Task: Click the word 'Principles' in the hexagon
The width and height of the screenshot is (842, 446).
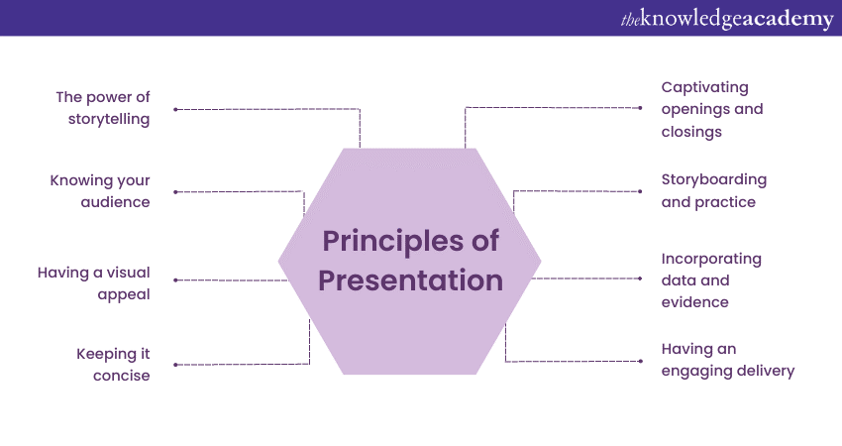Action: tap(393, 241)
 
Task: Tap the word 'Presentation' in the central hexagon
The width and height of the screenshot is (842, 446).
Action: tap(411, 280)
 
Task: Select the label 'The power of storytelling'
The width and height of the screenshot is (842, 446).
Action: tap(103, 108)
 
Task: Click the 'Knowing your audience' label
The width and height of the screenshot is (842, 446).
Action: tap(100, 191)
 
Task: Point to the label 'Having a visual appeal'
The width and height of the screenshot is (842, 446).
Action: tap(93, 283)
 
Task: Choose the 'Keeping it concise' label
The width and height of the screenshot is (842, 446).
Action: tap(113, 365)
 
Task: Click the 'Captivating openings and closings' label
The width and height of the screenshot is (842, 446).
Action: tap(712, 109)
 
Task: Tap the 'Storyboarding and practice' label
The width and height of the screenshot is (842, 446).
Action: tap(713, 190)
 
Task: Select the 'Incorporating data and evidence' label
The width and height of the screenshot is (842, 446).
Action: tap(711, 279)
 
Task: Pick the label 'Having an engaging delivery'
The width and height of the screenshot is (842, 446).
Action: tap(728, 360)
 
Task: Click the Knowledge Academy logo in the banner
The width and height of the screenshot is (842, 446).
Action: tap(727, 19)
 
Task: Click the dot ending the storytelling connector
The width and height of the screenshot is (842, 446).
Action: tap(175, 110)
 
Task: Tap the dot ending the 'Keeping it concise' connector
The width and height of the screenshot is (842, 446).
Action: tap(175, 365)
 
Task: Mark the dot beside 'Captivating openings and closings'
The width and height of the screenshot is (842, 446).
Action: tap(640, 108)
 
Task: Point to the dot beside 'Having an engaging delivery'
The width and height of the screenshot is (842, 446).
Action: tap(640, 361)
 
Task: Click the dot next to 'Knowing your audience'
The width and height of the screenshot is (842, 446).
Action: tap(175, 192)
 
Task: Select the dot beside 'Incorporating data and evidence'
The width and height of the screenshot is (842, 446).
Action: tap(640, 279)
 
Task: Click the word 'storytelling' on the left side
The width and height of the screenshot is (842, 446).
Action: tap(109, 119)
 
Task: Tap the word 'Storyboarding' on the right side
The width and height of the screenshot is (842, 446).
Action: tap(713, 180)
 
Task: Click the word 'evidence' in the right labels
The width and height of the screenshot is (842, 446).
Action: tap(694, 302)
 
